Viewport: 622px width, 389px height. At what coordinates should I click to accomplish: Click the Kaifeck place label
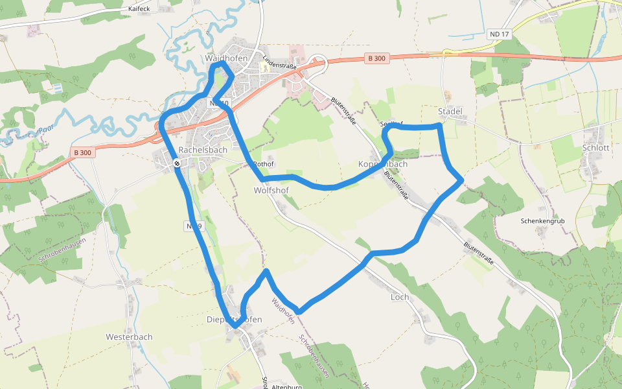coord(139,9)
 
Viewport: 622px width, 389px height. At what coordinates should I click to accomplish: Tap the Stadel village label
coord(450,112)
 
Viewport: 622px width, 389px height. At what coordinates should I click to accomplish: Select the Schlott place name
coord(595,147)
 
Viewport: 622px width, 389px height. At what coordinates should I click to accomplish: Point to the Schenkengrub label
coord(543,221)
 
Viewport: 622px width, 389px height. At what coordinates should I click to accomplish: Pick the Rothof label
coord(264,164)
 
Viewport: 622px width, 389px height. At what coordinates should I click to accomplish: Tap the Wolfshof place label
coord(271,191)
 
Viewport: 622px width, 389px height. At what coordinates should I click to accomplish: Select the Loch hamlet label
coord(400,298)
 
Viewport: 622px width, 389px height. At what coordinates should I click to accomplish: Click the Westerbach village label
coord(129,337)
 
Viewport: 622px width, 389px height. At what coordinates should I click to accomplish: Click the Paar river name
coord(45,130)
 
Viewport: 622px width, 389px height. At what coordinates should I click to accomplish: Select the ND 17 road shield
coord(499,34)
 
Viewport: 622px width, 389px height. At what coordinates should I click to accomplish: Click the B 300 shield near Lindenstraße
coord(376,58)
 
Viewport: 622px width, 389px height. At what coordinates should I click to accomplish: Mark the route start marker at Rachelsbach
coord(176,164)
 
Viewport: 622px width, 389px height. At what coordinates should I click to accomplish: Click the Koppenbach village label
coord(383,164)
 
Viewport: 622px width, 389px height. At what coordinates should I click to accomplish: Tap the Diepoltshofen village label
coord(234,320)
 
